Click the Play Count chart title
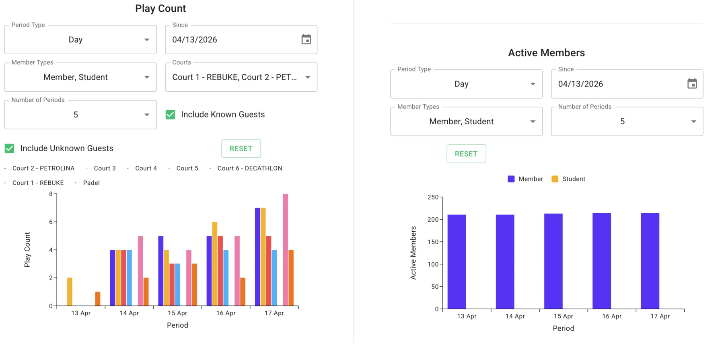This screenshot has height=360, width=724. coord(160,8)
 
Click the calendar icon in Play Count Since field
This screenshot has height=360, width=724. coord(306,39)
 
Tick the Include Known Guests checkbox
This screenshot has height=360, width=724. coord(171,115)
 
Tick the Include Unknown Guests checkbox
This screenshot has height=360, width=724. coord(10,148)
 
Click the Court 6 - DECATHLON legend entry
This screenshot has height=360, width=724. coord(249,168)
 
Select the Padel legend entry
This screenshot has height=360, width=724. coord(91,183)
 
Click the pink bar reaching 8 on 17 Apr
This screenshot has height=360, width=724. coord(285,249)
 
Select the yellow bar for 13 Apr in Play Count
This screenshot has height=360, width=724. coord(70,292)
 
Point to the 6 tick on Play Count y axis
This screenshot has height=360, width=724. coord(51,222)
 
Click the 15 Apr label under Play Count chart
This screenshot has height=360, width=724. coord(177,313)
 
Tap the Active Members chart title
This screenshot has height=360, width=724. coord(546,53)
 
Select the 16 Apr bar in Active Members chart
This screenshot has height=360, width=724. coord(601,261)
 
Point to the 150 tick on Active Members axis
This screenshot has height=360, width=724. coord(433,242)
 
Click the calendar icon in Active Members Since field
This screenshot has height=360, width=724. coord(692,84)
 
